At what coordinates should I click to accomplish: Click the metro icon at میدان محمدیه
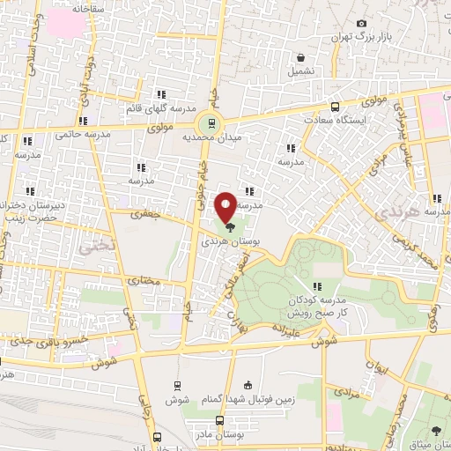point(210,124)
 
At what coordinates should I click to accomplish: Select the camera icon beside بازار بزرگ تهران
point(361,23)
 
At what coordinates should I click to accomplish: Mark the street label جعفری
point(142,213)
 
